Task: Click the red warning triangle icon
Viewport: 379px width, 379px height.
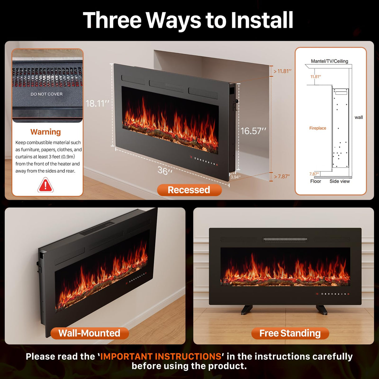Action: point(46,185)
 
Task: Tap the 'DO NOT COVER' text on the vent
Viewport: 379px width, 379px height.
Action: point(47,94)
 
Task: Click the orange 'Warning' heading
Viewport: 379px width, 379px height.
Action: point(46,132)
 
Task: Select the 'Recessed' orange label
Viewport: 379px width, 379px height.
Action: point(189,190)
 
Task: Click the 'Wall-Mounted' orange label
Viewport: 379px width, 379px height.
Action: point(89,333)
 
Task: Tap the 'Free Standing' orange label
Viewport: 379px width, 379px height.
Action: point(290,333)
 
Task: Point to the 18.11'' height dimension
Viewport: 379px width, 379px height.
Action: point(97,103)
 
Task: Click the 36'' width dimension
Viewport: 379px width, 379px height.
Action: point(165,171)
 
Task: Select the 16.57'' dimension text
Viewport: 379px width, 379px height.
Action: point(253,131)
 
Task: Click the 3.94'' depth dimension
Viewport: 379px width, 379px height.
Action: point(235,177)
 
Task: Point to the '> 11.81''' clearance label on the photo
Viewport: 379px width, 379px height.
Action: point(283,71)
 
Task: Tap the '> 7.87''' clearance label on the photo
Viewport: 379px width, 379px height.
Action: point(282,176)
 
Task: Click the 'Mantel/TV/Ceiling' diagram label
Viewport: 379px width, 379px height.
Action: point(329,61)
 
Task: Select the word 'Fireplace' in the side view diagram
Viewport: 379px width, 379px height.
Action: point(317,128)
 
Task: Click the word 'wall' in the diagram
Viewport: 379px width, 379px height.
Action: point(359,117)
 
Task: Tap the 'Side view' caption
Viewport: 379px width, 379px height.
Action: point(340,181)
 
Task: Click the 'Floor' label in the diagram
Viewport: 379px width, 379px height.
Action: point(316,181)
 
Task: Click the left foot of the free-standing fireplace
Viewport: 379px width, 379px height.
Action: point(247,309)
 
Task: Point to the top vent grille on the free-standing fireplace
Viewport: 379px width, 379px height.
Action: point(285,239)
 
